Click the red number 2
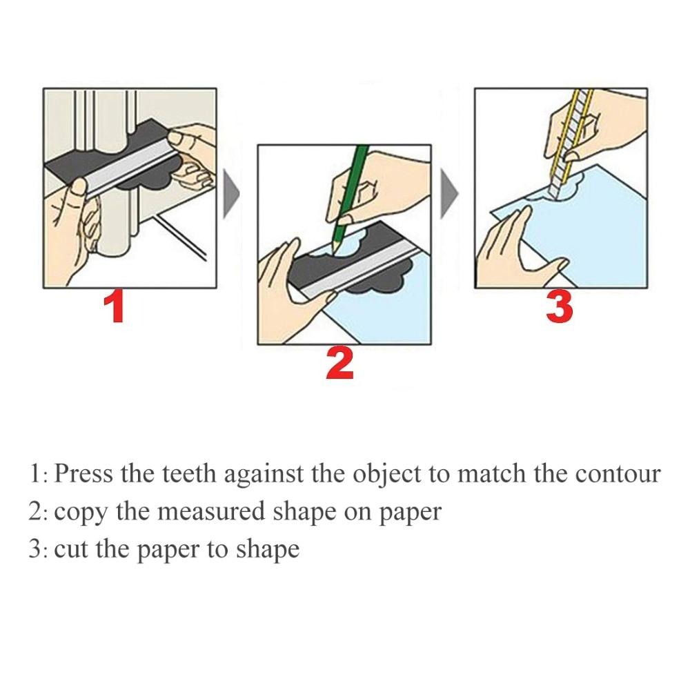tap(340, 364)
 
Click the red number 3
tap(559, 308)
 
